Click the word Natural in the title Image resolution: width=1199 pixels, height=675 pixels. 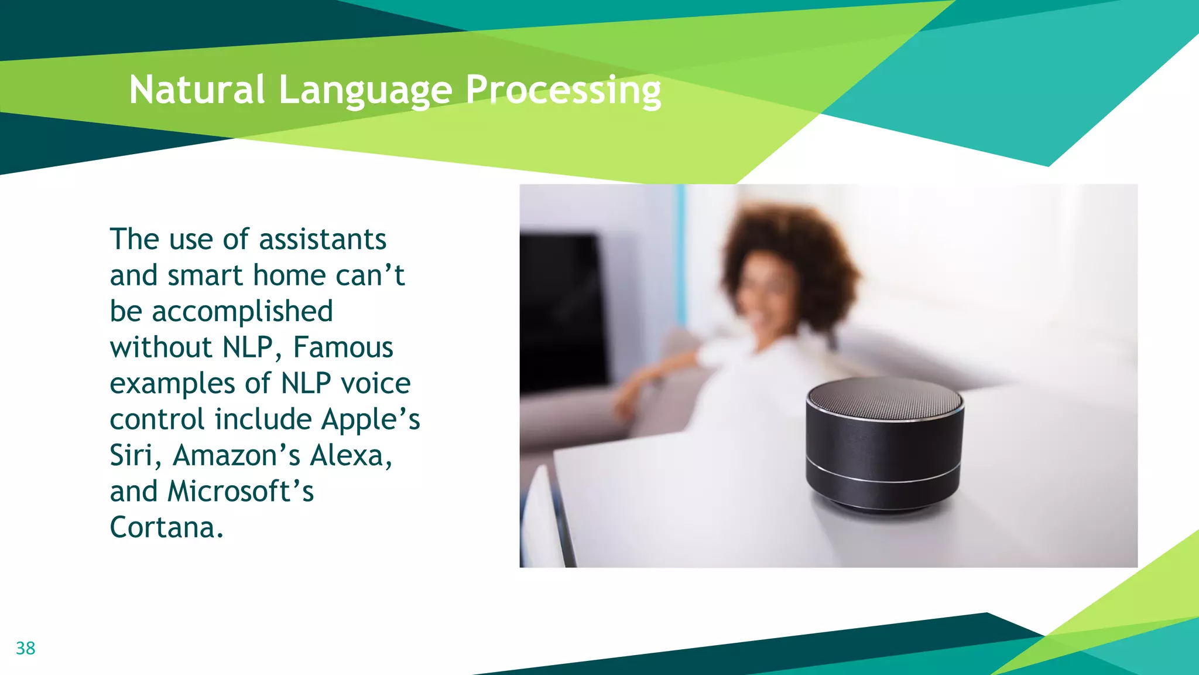[x=197, y=90]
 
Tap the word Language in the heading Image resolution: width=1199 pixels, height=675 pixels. [x=365, y=91]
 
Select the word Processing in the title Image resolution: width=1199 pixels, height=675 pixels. [x=563, y=91]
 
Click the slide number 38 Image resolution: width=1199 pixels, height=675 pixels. [x=25, y=648]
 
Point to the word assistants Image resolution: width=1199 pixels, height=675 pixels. [x=323, y=240]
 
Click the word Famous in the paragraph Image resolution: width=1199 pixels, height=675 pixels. [x=343, y=347]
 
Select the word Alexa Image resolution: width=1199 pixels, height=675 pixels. [x=351, y=455]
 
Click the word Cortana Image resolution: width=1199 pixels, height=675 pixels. [x=166, y=527]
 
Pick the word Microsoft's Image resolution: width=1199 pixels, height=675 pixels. [x=241, y=492]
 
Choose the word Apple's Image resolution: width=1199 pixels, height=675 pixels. [x=371, y=420]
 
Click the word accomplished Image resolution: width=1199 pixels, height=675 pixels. [x=242, y=312]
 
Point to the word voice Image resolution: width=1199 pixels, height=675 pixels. [x=375, y=384]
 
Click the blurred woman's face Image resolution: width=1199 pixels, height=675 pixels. [x=767, y=299]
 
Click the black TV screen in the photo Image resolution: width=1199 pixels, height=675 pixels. [x=559, y=311]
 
